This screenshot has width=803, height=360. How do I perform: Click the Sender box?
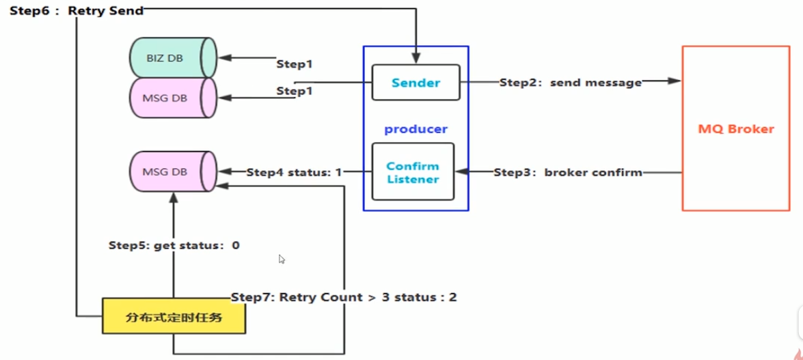click(x=416, y=82)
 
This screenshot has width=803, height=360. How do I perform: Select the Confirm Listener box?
click(x=413, y=171)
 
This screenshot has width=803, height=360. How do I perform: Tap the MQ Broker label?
click(x=736, y=128)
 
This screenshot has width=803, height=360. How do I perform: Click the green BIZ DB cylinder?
click(x=173, y=58)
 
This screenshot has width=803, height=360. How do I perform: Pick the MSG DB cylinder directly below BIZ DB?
click(x=173, y=98)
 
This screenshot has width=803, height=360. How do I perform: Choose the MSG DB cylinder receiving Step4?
click(x=173, y=171)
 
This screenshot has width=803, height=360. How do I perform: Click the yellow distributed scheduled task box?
click(x=174, y=316)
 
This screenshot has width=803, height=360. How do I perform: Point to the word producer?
click(x=416, y=129)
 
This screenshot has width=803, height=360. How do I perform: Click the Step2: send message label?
click(x=571, y=83)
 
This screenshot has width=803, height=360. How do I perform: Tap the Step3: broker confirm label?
click(x=568, y=173)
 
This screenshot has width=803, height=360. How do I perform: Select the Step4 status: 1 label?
click(x=294, y=173)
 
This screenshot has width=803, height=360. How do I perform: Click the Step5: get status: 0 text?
click(x=174, y=245)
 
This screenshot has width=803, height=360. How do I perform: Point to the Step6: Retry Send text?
click(x=77, y=11)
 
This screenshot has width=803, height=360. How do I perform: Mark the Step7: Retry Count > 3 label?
click(x=344, y=297)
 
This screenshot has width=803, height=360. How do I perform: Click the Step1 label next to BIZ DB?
click(x=295, y=64)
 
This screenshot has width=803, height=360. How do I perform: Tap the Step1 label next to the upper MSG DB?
click(x=295, y=91)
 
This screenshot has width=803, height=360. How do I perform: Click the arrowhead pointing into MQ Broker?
click(x=675, y=81)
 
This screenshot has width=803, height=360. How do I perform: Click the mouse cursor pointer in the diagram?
click(x=282, y=259)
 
